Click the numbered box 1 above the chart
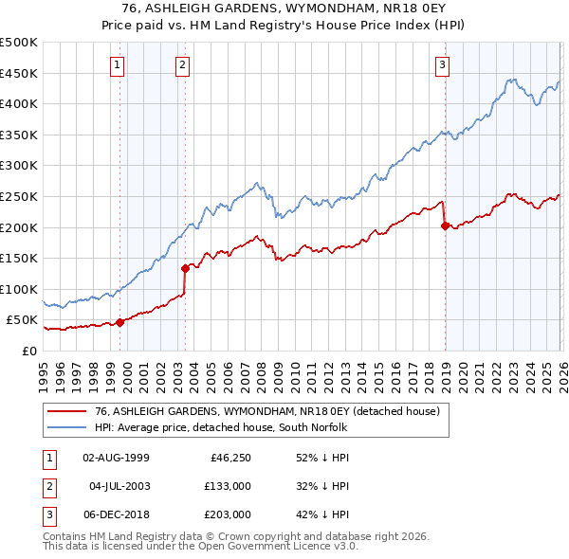pyautogui.click(x=117, y=65)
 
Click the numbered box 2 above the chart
pyautogui.click(x=182, y=65)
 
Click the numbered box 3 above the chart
pyautogui.click(x=442, y=65)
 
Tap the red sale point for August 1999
pyautogui.click(x=120, y=322)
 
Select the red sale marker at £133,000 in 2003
pyautogui.click(x=186, y=268)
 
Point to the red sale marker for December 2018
pyautogui.click(x=445, y=225)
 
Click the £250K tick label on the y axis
pyautogui.click(x=19, y=196)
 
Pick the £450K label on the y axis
pyautogui.click(x=19, y=73)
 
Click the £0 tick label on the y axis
pyautogui.click(x=28, y=351)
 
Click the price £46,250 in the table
pyautogui.click(x=229, y=458)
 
